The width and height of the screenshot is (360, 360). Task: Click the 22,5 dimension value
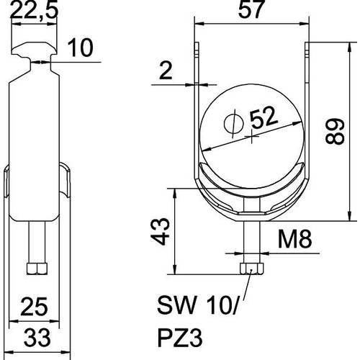(34, 11)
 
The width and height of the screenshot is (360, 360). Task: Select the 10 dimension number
(80, 48)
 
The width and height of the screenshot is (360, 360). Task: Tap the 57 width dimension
(252, 9)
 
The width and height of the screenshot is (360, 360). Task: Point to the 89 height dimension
(335, 131)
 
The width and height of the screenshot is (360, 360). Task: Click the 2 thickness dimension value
(166, 71)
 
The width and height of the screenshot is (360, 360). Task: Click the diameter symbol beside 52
(234, 124)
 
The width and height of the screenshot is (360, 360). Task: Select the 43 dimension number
(161, 231)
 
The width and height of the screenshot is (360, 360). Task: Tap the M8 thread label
(294, 239)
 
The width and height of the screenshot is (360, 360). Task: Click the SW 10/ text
(198, 305)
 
